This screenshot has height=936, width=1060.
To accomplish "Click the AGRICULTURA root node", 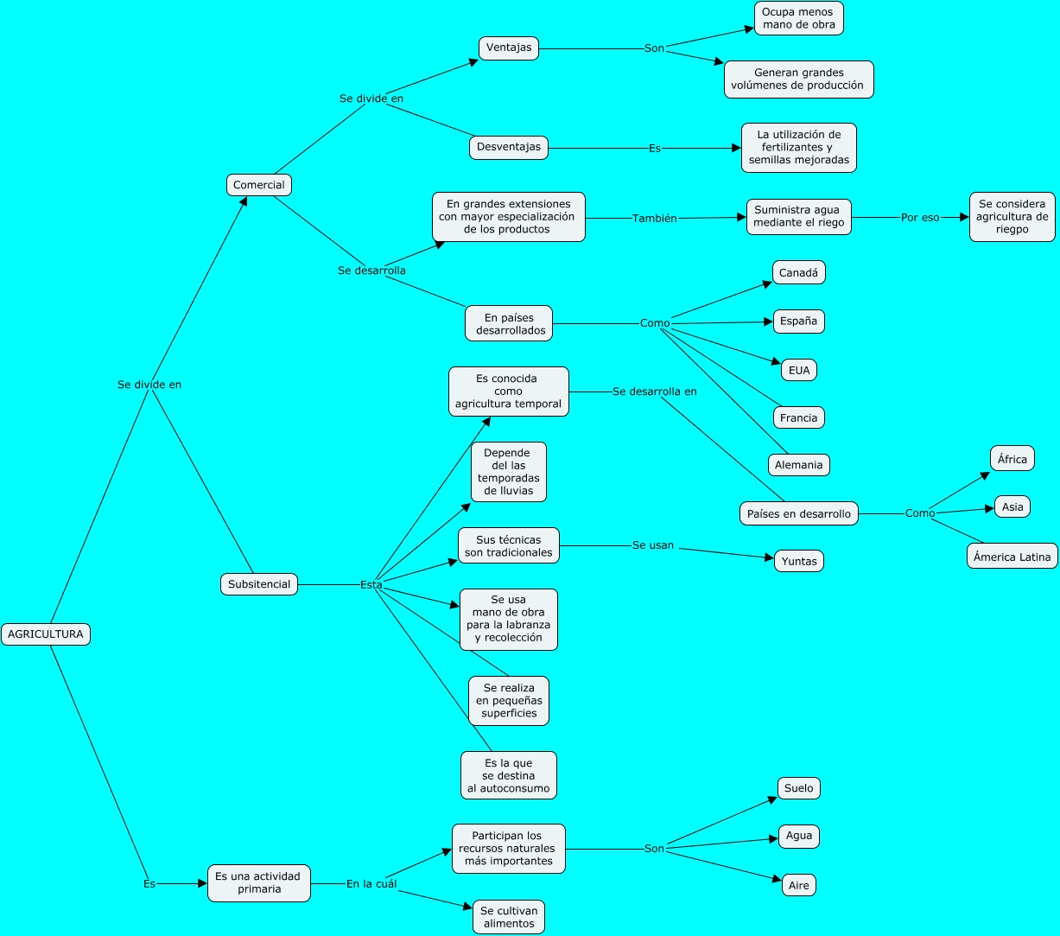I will point(46,634).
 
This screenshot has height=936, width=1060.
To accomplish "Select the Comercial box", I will point(259,185).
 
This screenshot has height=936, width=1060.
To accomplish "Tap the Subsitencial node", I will point(259,584).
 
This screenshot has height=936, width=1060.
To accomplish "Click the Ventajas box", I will point(509,48).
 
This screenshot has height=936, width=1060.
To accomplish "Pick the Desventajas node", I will point(509,148).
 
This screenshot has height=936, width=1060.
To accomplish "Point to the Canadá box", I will point(799,272).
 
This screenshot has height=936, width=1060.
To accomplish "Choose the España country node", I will point(798,322).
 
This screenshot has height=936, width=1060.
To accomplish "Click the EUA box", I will point(799,370).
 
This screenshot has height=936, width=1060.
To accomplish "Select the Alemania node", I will point(799,465).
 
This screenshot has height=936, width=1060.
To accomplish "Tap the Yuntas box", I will point(799,561).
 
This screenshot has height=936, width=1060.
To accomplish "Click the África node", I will point(1012,459).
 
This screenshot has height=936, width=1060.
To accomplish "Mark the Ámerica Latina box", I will point(1012,557).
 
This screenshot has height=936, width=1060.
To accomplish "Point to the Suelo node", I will point(799,788).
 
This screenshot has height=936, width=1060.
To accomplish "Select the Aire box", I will point(799,885).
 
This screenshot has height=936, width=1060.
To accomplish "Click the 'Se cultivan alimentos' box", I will point(509,917).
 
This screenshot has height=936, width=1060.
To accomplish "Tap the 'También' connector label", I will point(655,219).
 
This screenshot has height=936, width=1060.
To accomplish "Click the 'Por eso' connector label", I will point(920,218).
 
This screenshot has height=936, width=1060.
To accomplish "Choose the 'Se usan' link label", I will point(653,545).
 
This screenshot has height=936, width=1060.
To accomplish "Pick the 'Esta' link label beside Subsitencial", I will point(371,584).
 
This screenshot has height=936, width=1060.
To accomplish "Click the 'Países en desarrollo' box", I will point(799,513).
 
